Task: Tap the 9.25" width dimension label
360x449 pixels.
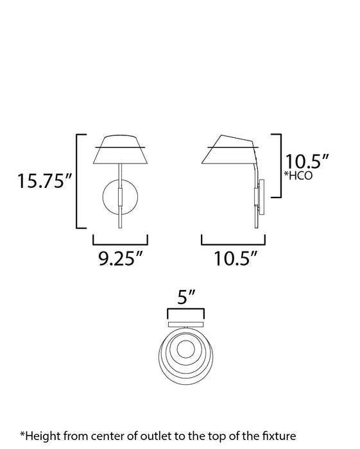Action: click(x=120, y=259)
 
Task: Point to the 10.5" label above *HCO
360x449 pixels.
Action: click(x=307, y=160)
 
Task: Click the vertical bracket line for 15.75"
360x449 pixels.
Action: click(x=77, y=181)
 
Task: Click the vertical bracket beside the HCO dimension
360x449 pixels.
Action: click(x=280, y=165)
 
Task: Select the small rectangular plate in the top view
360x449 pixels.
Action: click(x=186, y=325)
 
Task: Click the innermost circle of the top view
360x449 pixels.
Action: click(x=187, y=350)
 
